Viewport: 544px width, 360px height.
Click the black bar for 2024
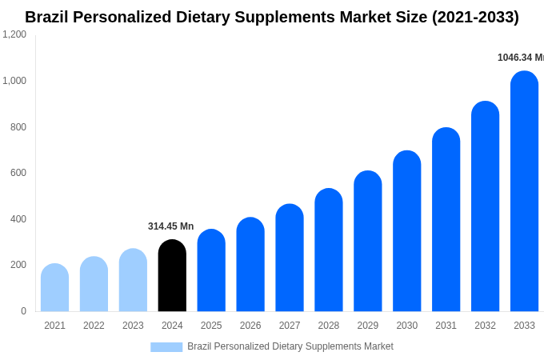172,276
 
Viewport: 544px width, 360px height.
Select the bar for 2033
524,192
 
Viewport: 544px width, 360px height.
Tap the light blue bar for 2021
54,288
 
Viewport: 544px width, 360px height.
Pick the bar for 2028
329,250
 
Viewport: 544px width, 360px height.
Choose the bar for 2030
406,232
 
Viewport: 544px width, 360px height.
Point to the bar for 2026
250,265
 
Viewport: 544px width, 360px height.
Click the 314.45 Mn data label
170,226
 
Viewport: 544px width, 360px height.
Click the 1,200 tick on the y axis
14,34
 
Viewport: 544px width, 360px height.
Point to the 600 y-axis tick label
18,173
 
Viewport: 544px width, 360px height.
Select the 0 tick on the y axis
23,311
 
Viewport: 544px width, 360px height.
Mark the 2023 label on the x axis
133,326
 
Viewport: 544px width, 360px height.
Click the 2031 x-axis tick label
446,326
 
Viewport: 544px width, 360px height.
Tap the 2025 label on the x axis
211,326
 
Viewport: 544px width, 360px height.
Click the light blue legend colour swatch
166,347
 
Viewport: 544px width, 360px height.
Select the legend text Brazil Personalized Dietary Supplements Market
290,346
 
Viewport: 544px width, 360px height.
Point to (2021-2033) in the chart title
475,17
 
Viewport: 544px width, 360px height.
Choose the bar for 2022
94,285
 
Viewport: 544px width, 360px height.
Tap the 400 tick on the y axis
18,219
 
